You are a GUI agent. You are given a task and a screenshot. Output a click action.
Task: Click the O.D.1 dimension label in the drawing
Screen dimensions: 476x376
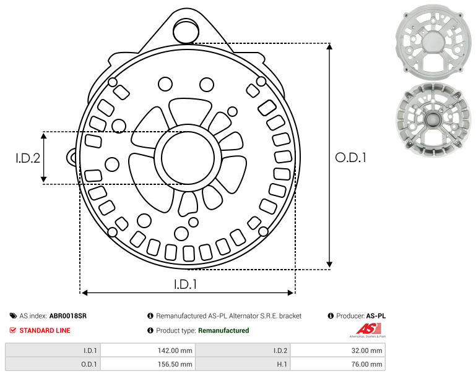point(350,158)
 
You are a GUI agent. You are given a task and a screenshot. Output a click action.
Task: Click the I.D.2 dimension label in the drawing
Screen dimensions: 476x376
point(28,158)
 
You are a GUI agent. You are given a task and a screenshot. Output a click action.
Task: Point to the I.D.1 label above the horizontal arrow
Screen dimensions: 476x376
point(185,284)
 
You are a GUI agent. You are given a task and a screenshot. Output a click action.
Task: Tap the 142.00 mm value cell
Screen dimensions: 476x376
point(148,351)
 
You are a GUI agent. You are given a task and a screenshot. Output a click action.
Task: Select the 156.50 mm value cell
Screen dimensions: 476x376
point(148,364)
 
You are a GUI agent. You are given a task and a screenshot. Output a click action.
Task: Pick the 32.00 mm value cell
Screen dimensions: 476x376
point(337,351)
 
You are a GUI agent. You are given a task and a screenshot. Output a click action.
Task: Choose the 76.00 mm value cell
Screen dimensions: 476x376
point(337,364)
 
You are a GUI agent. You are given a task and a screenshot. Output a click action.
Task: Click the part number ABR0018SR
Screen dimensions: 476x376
point(68,316)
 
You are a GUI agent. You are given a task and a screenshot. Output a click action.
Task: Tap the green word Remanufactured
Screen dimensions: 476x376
point(223,330)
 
